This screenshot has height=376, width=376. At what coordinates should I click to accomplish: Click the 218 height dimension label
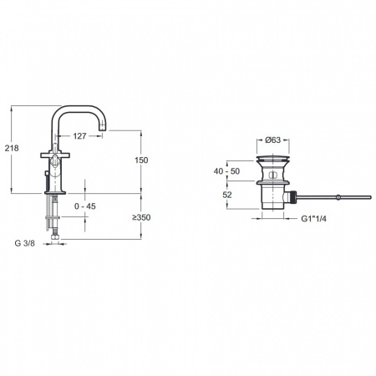tap(12, 148)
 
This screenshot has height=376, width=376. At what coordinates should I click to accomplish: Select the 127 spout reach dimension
tap(79, 136)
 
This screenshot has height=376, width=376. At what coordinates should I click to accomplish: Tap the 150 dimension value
tap(141, 160)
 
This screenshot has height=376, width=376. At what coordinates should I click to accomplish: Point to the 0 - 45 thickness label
tap(85, 206)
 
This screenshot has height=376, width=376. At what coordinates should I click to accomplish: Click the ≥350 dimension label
tap(141, 217)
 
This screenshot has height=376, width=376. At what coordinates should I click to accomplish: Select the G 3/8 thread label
tap(25, 243)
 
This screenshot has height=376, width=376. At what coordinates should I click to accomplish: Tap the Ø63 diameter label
tap(273, 140)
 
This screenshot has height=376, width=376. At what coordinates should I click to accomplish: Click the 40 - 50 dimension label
tap(226, 171)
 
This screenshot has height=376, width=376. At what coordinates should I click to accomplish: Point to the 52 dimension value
tap(227, 195)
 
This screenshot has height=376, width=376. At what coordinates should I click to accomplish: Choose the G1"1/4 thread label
tap(313, 219)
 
